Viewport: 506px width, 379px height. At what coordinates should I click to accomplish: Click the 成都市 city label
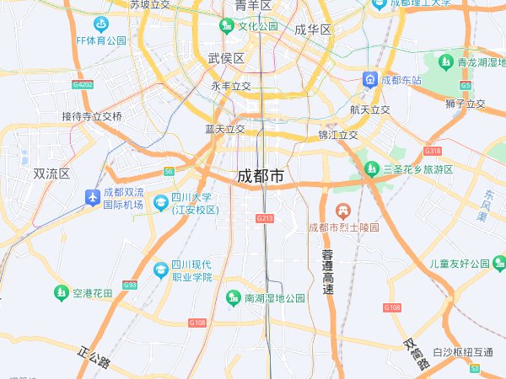(x=261, y=177)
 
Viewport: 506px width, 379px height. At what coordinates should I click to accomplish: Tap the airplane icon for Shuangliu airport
(x=92, y=197)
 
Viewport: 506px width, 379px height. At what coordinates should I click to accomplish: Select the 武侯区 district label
(x=226, y=58)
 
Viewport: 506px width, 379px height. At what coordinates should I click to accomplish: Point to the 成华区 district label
(x=313, y=29)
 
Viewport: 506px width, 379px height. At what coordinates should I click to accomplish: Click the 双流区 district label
(x=51, y=173)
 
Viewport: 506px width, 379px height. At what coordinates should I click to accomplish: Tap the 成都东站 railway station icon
(x=370, y=80)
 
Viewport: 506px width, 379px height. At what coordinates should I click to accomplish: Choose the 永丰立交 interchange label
(x=231, y=86)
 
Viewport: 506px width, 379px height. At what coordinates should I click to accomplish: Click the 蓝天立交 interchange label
(x=224, y=129)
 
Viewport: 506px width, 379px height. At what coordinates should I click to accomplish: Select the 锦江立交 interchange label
(x=338, y=135)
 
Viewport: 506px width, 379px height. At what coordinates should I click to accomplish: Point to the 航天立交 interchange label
(x=370, y=109)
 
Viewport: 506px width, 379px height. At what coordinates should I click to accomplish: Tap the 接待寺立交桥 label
(x=92, y=116)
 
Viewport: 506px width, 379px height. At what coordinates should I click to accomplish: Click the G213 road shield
(x=265, y=218)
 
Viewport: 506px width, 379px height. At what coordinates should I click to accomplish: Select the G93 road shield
(x=129, y=285)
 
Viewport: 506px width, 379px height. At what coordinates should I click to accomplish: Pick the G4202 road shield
(x=83, y=84)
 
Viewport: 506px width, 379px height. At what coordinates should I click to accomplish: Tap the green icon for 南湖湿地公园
(x=234, y=297)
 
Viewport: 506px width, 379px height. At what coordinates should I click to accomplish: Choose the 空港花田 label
(x=92, y=293)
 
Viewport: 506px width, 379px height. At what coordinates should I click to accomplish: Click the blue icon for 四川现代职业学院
(x=160, y=270)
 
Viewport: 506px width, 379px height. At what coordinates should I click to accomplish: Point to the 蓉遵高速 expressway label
(x=328, y=271)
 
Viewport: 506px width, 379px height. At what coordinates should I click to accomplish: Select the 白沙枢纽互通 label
(x=462, y=352)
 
